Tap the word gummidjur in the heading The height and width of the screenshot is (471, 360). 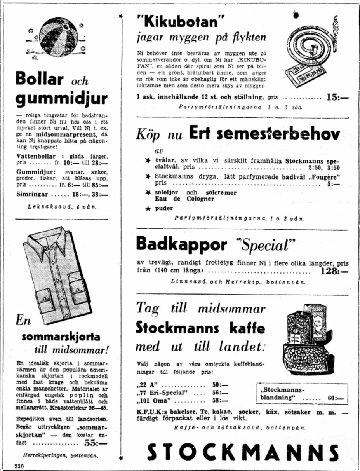tap(61, 99)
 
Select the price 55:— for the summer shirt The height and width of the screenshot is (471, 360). tap(96, 443)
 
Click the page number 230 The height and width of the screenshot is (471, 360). tap(19, 466)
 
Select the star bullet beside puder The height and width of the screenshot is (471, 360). tap(148, 208)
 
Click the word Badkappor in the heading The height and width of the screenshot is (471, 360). tap(181, 244)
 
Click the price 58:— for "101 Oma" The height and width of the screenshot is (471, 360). tap(220, 400)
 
